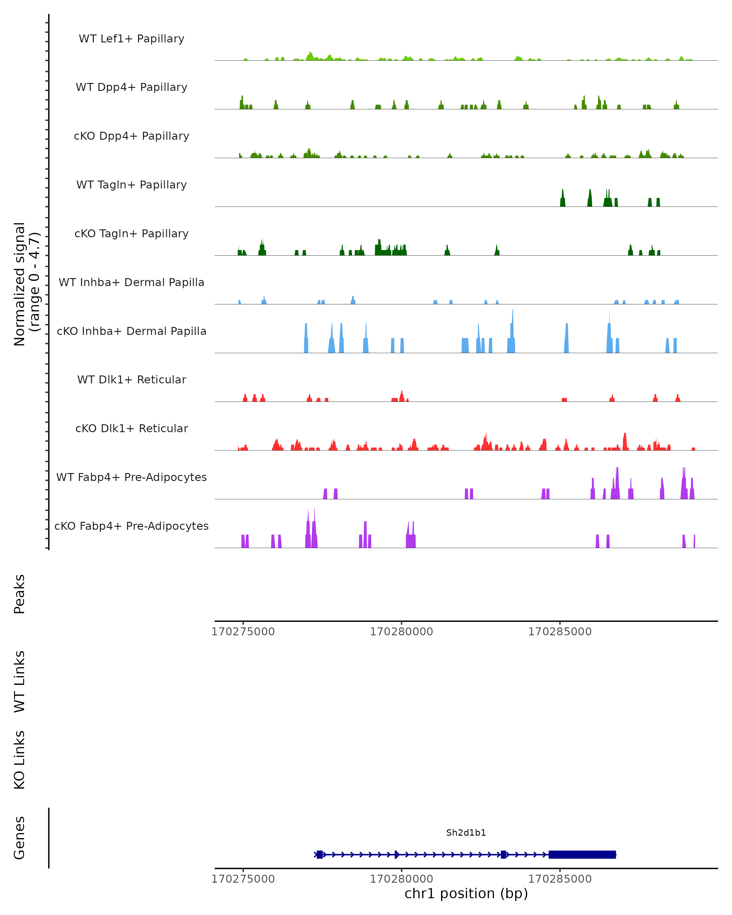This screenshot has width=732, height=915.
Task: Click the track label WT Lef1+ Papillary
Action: coord(131,39)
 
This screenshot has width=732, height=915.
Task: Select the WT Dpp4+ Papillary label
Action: coord(131,88)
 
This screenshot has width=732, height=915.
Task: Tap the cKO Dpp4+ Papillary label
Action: coord(131,136)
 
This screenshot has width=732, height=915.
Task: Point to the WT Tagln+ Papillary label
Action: coord(131,185)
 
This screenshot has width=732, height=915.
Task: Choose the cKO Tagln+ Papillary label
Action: coord(131,234)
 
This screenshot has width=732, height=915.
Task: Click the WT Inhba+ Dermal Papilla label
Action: coord(131,283)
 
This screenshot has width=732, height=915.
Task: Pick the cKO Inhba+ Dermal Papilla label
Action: coord(131,332)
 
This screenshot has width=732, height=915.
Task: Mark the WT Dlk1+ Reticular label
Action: coord(131,380)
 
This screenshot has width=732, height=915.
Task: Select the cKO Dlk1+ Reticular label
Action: coord(131,429)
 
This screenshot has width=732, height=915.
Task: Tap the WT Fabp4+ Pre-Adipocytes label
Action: coord(131,477)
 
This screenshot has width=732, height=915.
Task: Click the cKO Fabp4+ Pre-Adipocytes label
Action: coord(131,526)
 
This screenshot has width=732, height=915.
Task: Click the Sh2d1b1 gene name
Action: coord(466,833)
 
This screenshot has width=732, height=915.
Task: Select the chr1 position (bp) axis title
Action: coord(466,894)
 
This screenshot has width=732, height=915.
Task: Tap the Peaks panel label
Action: coord(20,594)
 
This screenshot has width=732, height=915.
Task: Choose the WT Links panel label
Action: coord(20,682)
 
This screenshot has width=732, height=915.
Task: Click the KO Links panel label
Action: coord(20,760)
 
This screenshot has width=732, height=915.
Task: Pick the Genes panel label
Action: coord(20,838)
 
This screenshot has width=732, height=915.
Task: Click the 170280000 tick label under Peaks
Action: coord(401,632)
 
